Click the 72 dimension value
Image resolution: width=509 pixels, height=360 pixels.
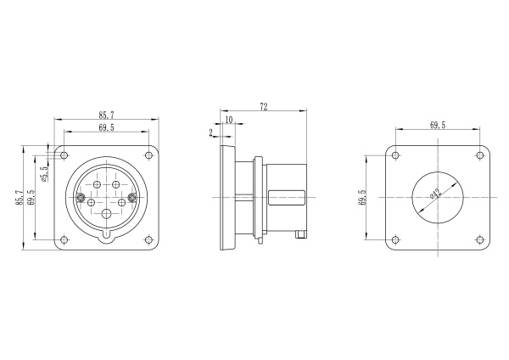click(264, 106)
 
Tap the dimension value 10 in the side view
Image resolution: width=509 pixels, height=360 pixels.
click(229, 120)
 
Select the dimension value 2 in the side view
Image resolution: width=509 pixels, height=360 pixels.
click(211, 132)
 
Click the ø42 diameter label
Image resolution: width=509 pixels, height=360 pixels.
click(436, 194)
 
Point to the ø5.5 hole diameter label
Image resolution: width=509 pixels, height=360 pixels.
click(44, 173)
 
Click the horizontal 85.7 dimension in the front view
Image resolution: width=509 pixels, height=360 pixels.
click(107, 115)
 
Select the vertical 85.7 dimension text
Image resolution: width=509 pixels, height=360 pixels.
click(20, 198)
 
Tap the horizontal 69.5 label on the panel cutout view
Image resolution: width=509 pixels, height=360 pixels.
click(438, 125)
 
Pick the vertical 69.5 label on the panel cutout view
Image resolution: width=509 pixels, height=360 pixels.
click(362, 198)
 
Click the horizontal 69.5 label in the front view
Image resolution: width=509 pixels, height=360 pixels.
click(107, 127)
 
